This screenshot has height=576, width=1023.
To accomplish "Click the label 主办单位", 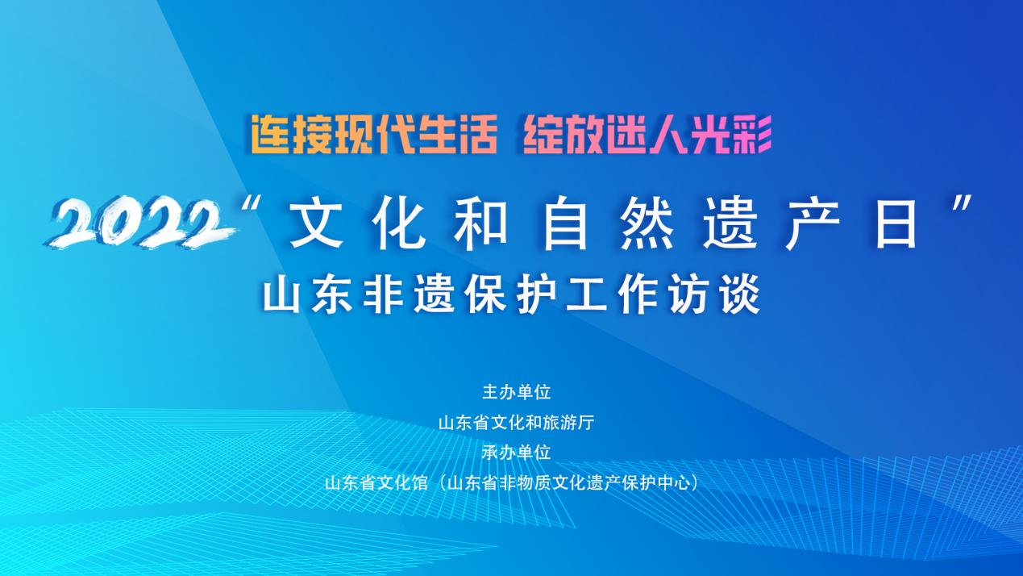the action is pos(517,393).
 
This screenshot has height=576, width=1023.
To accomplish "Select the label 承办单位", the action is pos(517,453).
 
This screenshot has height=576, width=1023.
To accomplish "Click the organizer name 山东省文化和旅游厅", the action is pos(517,423).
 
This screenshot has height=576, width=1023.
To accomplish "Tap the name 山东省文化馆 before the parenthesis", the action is pos(376,483).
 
